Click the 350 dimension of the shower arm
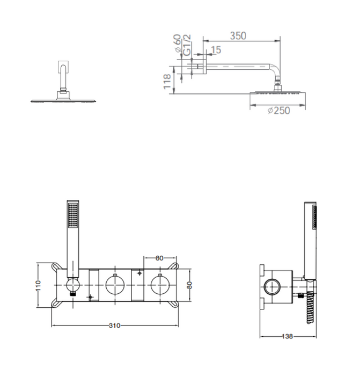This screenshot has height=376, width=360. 238,36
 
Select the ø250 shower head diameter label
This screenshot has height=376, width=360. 278,111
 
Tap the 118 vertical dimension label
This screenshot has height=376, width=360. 168,81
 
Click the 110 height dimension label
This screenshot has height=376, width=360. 39,285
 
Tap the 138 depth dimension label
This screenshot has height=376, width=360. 288,337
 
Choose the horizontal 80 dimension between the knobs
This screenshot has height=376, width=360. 159,258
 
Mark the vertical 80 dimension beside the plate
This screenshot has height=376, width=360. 189,285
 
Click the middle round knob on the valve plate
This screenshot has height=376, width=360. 114,285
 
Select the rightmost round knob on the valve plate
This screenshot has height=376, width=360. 159,285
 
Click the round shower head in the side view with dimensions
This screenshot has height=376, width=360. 277,95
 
